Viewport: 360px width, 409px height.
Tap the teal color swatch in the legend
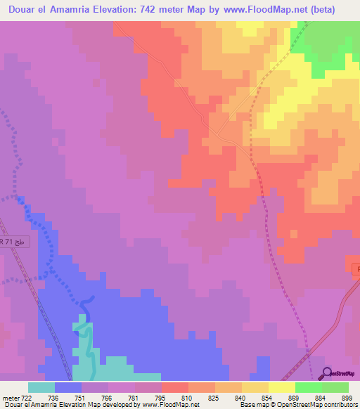41,387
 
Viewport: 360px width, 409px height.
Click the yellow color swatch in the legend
255,387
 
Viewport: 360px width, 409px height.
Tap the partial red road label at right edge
355,268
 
